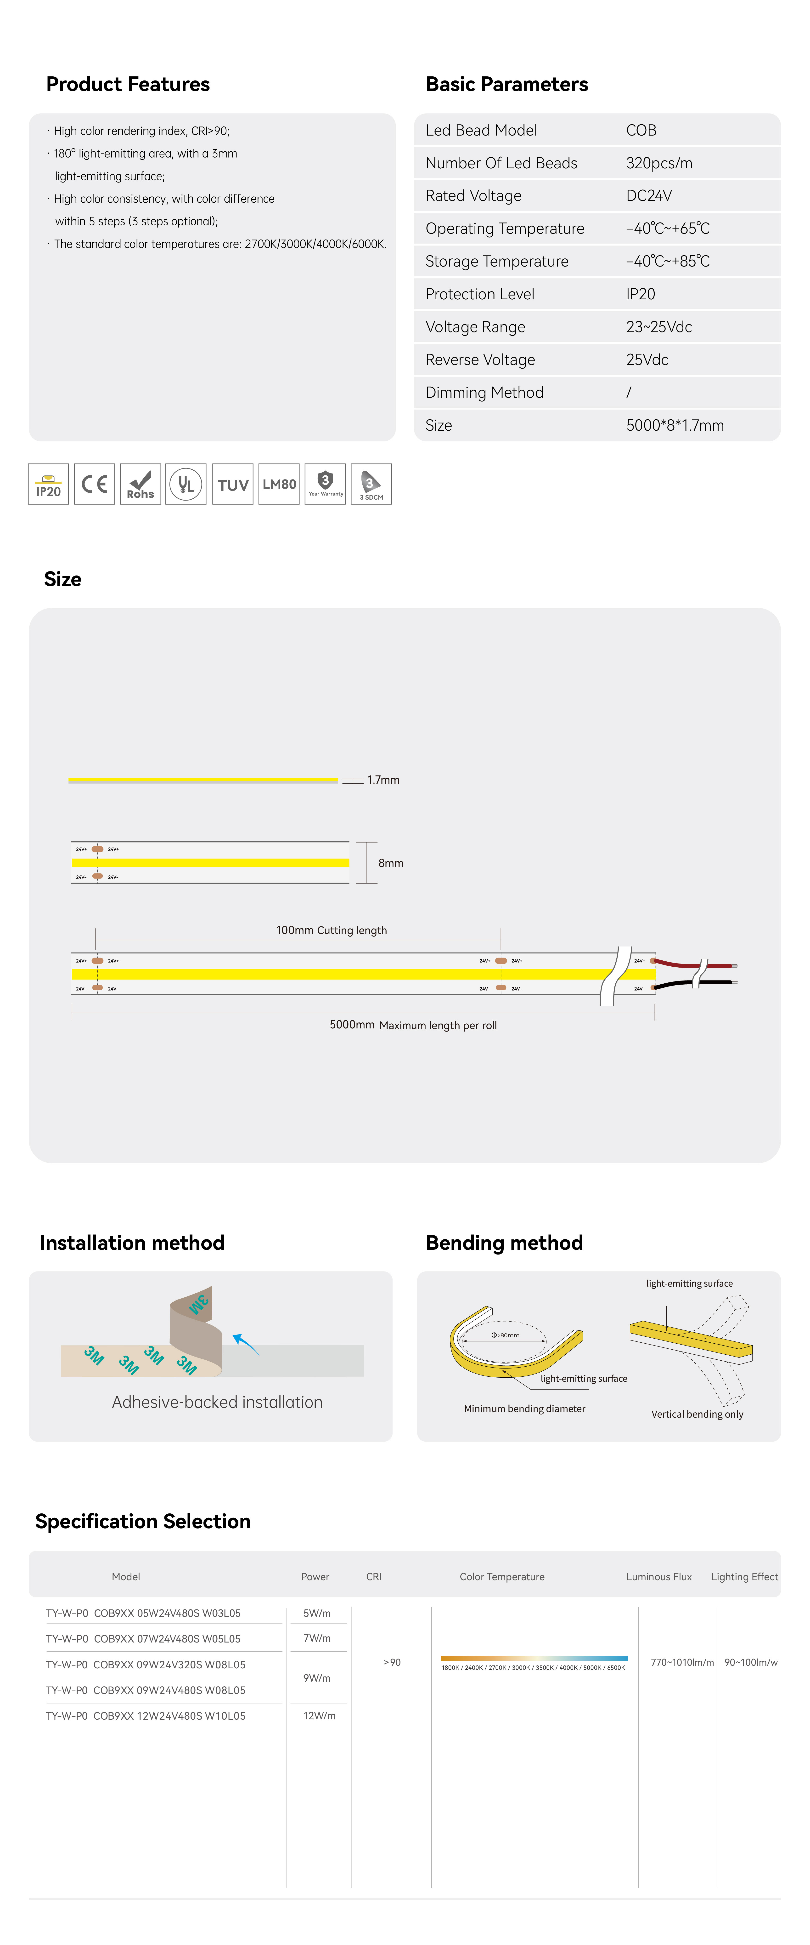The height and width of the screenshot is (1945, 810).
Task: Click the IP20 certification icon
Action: [48, 484]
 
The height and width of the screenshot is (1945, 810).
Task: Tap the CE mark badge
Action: [94, 484]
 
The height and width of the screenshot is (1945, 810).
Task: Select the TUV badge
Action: [232, 484]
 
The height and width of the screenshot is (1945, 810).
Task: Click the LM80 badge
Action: [279, 484]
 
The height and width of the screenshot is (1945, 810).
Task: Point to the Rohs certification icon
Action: [141, 484]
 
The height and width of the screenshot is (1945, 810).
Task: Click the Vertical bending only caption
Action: [697, 1414]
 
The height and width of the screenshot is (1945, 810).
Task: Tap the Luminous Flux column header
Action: [658, 1577]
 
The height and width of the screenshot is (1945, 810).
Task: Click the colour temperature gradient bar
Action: [534, 1658]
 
